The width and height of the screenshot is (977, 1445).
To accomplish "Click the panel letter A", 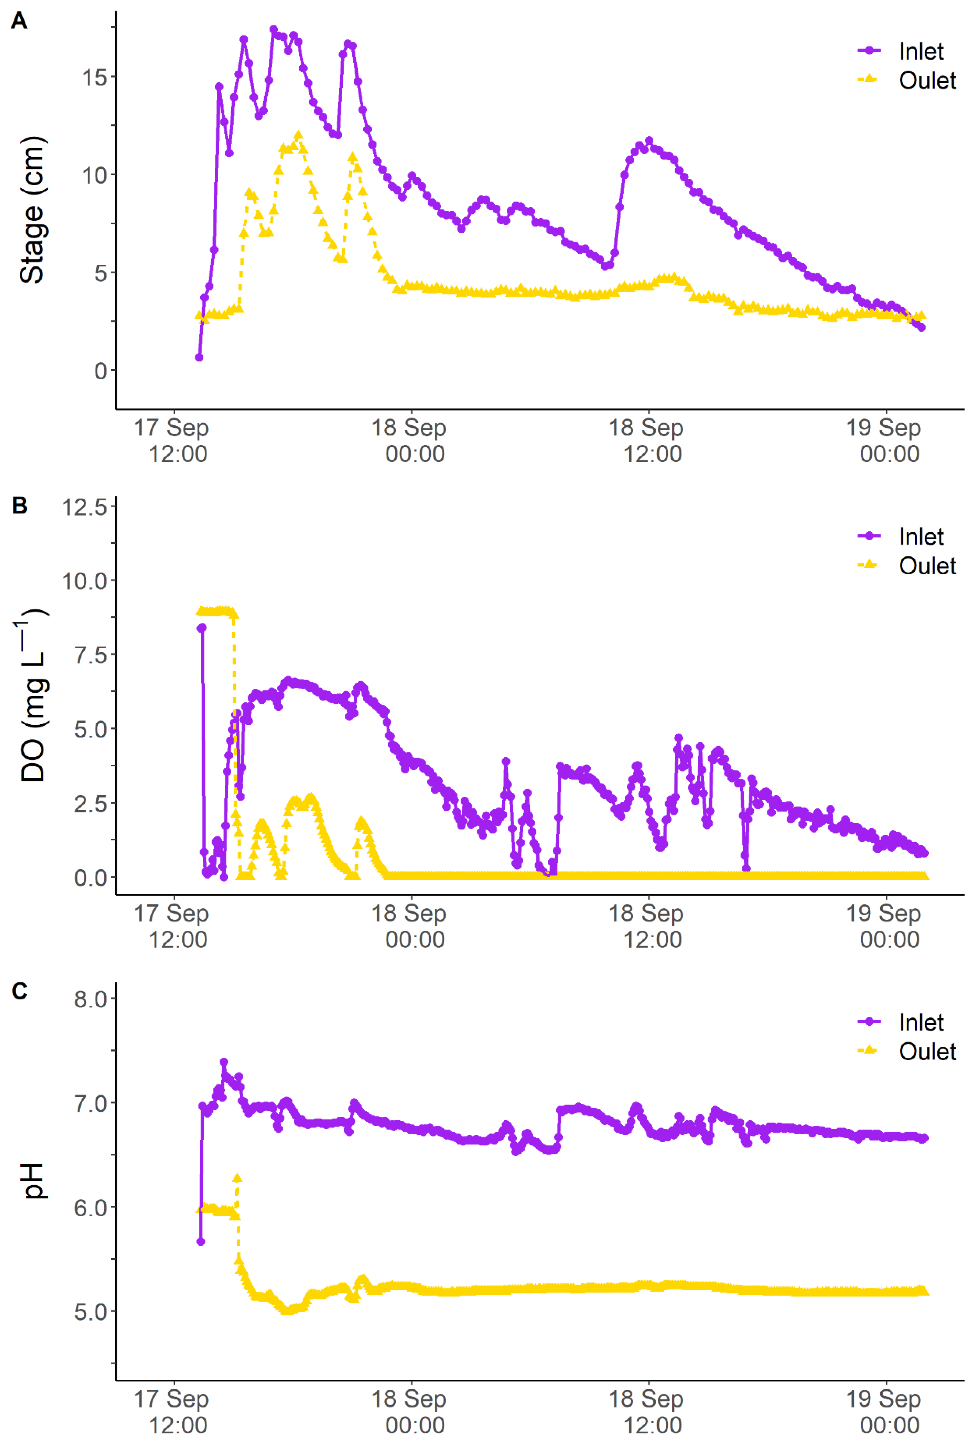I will click(19, 21).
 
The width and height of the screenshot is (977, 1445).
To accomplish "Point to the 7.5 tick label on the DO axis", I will click(90, 655).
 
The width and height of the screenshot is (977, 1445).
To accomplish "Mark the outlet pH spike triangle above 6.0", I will click(237, 1178).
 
